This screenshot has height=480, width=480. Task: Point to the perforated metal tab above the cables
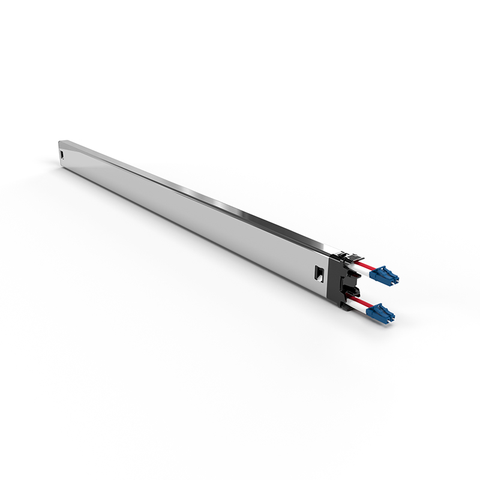click(x=347, y=254)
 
